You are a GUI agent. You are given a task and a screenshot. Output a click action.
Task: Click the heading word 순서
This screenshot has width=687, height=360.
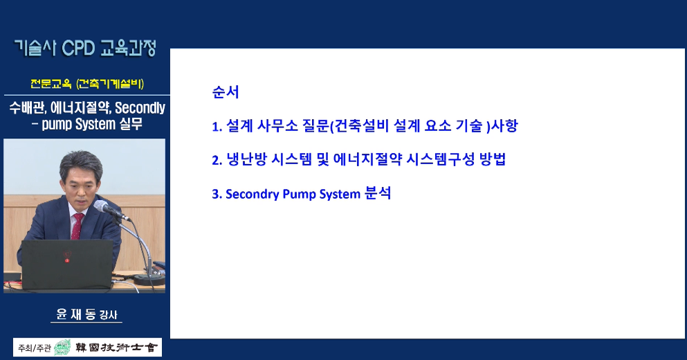pos(226,92)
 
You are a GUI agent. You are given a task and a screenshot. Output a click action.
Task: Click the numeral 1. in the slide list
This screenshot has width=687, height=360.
pos(216,127)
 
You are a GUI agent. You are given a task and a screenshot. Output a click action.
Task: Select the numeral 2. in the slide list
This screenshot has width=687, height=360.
pos(216,161)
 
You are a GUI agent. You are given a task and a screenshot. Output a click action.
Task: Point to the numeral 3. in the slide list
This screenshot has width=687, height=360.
pos(216,195)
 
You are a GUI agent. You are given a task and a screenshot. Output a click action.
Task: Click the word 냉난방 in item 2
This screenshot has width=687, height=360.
pos(245,160)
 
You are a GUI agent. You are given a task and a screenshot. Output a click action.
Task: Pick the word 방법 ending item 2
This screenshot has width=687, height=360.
pos(492,160)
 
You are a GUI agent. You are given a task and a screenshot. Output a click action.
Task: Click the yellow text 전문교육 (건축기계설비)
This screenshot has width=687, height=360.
pos(86,84)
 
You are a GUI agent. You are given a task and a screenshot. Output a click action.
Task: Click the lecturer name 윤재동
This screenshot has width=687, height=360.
pos(77,314)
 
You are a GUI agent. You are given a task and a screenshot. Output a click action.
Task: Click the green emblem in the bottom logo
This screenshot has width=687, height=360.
pos(63,348)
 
